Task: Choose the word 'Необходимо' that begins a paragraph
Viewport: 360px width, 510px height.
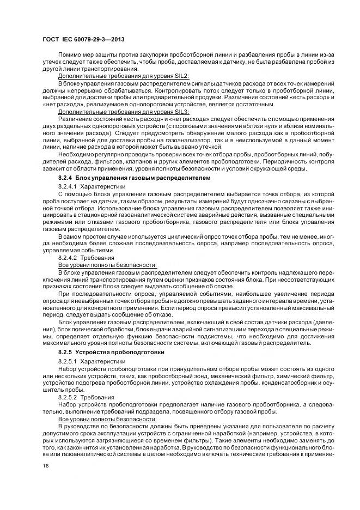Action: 75,155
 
